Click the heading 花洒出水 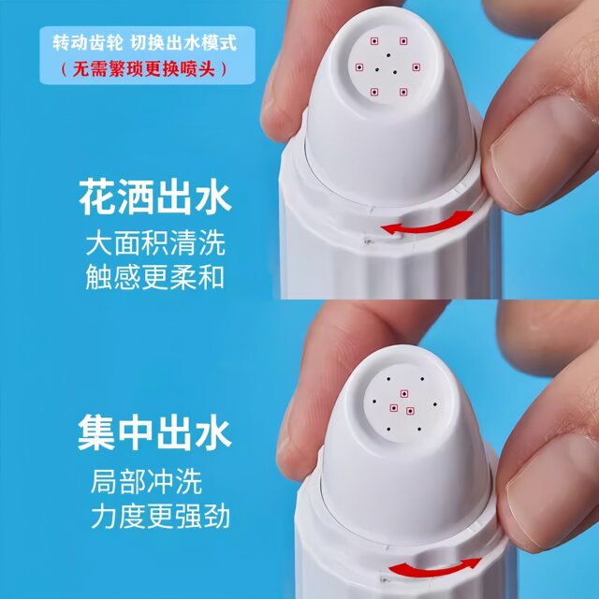coord(155,200)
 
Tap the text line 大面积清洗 coord(154,245)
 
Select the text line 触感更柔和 coord(154,278)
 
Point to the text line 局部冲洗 coord(146,483)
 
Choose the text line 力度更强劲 coord(160,516)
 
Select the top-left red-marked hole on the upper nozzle coord(373,42)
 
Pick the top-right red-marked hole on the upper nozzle coord(403,41)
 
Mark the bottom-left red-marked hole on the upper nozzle coord(374,91)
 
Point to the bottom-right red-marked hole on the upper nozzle coord(404,91)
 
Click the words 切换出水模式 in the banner coord(185,42)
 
